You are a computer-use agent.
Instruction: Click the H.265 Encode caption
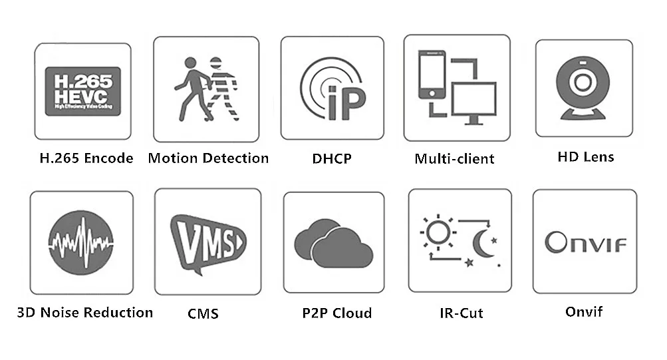[x=86, y=158]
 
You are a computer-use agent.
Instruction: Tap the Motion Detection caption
[x=208, y=158]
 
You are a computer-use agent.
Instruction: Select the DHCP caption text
[x=331, y=159]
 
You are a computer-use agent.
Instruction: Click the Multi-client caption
[x=455, y=159]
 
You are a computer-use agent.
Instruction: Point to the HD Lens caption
[x=585, y=157]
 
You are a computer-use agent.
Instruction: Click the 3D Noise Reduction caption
[x=85, y=312]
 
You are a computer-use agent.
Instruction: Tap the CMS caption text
[x=203, y=313]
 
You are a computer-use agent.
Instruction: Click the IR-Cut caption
[x=461, y=313]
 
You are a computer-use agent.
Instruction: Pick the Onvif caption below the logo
[x=584, y=311]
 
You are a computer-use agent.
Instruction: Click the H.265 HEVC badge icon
[x=82, y=90]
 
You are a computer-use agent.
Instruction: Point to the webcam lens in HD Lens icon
[x=583, y=83]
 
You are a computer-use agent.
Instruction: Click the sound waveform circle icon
[x=81, y=242]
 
